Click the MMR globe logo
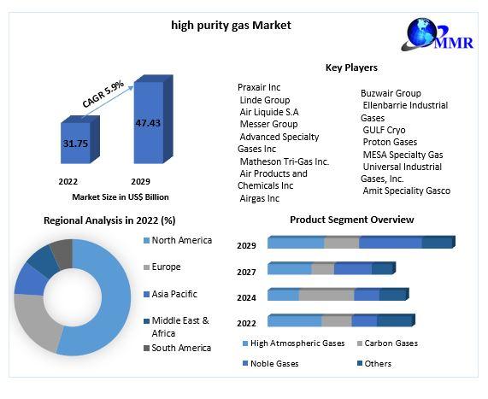438,34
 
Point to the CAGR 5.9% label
103,94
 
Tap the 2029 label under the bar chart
140,181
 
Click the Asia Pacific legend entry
170,294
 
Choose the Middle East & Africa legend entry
176,326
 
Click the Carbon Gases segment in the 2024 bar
326,295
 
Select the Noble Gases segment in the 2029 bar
391,243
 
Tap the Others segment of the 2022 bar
396,320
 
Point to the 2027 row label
246,272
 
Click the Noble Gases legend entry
270,363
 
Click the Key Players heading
351,67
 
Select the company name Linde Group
265,100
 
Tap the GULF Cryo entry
384,130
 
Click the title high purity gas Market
231,26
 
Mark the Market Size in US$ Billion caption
121,197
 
